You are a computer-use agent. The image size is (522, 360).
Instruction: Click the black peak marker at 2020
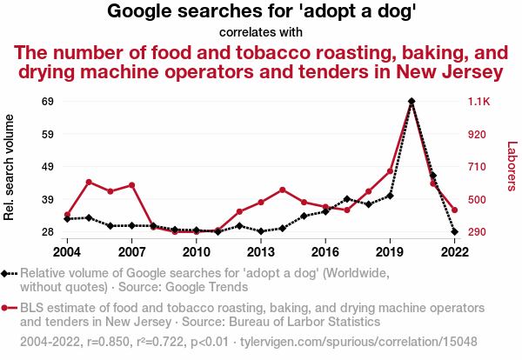(x=412, y=102)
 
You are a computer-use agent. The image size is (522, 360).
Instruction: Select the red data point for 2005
(x=90, y=182)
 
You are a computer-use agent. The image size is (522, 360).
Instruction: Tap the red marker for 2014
(x=283, y=190)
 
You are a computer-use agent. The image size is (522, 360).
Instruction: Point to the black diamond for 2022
(x=454, y=232)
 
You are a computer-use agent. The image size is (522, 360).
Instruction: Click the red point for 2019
(x=390, y=171)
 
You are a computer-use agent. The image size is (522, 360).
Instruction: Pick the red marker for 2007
(x=132, y=185)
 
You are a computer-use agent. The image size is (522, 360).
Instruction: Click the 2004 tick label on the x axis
(x=68, y=251)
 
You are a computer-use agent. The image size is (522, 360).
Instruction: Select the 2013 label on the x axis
(x=261, y=251)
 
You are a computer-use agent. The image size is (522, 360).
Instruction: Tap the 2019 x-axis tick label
(x=390, y=251)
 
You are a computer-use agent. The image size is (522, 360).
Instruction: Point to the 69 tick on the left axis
(x=49, y=102)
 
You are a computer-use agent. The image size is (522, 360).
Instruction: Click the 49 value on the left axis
(x=49, y=167)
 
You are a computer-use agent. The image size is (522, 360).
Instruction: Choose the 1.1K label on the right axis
(x=480, y=102)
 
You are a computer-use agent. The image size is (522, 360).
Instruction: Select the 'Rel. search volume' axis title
(x=10, y=167)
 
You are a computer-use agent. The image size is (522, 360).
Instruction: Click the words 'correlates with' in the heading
(x=261, y=32)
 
